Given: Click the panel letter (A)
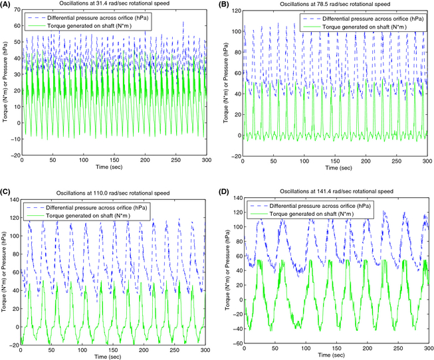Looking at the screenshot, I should pyautogui.click(x=6, y=5).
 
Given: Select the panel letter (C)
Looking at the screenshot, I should pyautogui.click(x=6, y=186).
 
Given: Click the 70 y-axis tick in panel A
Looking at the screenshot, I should pyautogui.click(x=16, y=12).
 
